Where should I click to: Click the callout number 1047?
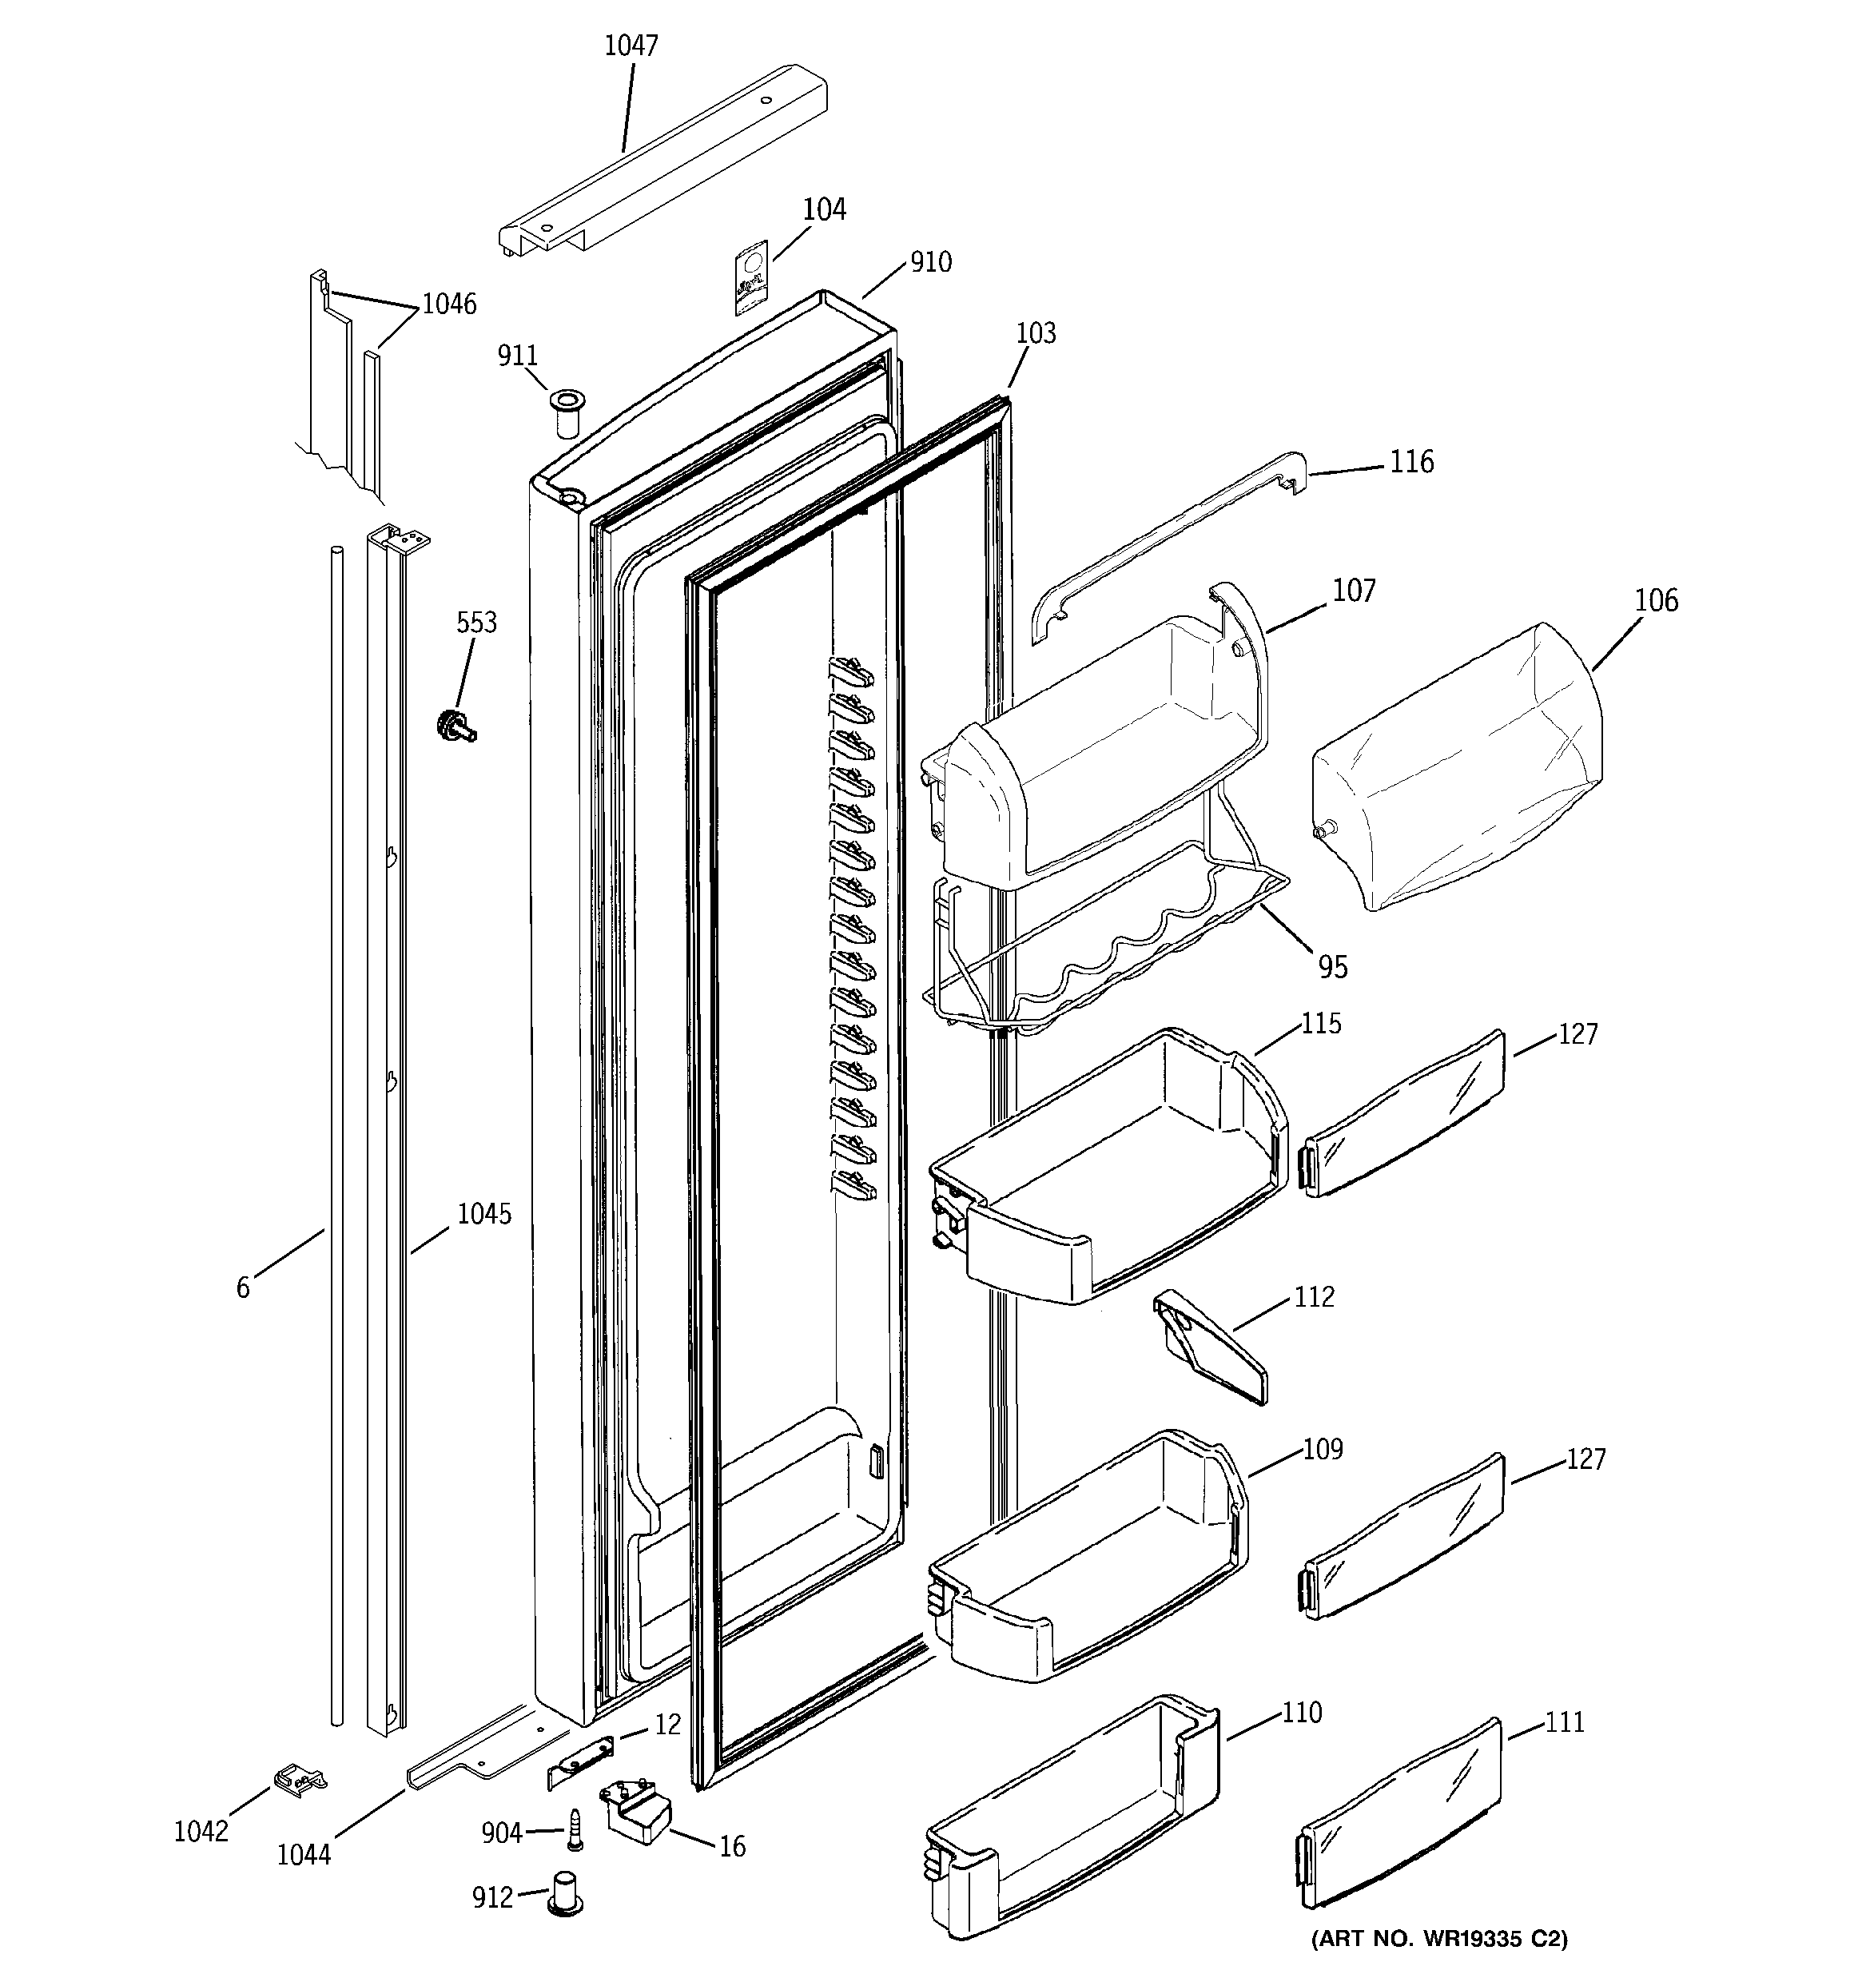(x=631, y=46)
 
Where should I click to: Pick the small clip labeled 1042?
(x=299, y=1779)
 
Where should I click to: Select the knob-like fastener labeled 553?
(x=454, y=726)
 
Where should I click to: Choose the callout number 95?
(x=1332, y=966)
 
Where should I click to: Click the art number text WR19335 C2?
(x=1438, y=1937)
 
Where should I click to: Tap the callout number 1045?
(x=483, y=1214)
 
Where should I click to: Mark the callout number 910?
(x=930, y=263)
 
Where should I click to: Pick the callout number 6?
(x=243, y=1288)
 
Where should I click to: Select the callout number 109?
(x=1323, y=1450)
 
